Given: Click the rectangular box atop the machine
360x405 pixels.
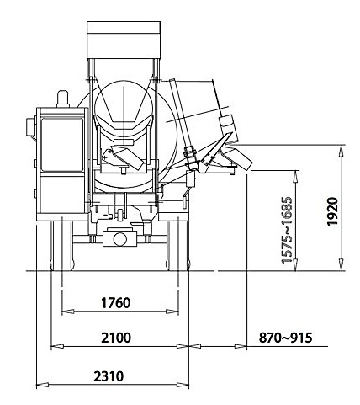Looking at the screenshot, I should coord(124,40).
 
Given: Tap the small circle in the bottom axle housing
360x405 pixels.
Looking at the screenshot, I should coord(119,239).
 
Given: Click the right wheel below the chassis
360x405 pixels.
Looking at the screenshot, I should coord(177,244).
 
